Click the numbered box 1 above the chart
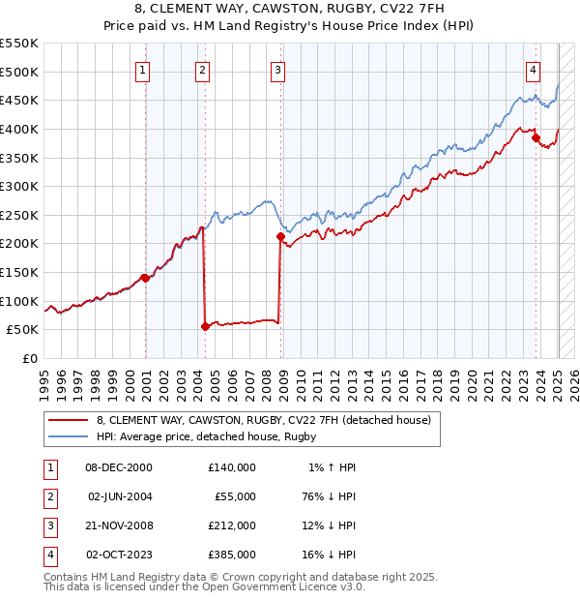tap(142, 69)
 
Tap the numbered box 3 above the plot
tap(277, 69)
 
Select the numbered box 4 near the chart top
tap(533, 69)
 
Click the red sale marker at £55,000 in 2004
tap(205, 326)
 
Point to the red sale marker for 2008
tap(280, 236)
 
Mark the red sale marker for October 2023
tap(536, 137)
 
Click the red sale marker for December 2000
tap(145, 278)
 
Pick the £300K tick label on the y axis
tap(19, 186)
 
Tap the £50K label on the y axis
tap(23, 329)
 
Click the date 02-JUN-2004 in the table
tap(120, 496)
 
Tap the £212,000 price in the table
tap(232, 525)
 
